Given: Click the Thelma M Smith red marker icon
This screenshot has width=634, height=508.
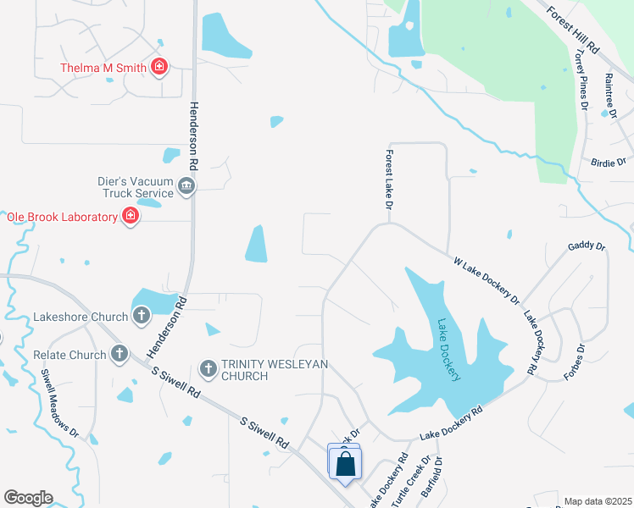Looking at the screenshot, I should coord(158,67).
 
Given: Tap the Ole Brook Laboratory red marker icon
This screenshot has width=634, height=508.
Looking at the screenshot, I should coord(131,217).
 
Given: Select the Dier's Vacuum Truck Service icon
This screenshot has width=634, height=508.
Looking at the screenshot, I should coord(187,185).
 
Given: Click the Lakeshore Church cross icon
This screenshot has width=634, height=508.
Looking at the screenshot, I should coord(142,317).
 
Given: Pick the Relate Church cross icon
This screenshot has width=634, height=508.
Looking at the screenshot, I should coord(120,354).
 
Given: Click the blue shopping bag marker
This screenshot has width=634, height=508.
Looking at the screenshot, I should coord(345,465).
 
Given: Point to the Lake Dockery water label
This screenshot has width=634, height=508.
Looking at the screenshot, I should coord(449,350).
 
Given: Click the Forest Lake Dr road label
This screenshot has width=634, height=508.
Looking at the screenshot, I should coord(389,180).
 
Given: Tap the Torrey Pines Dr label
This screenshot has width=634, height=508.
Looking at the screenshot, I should coord(581,79).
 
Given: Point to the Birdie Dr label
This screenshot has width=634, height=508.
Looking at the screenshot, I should coord(608,162).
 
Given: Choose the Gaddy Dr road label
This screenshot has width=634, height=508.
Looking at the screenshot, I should coord(587,246).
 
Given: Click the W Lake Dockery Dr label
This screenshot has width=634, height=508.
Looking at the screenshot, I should coord(487,281).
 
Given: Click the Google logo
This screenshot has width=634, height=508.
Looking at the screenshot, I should coord(28,498).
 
